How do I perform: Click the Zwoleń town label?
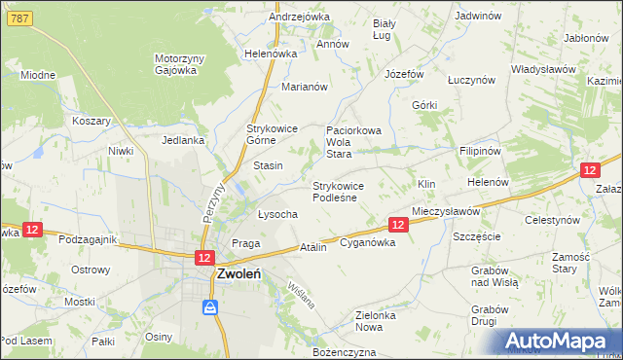238,274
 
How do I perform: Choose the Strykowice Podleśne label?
338,192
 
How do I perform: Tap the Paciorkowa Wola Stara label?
352,141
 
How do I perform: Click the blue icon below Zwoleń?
209,307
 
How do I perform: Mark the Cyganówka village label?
367,243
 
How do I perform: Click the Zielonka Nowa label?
381,322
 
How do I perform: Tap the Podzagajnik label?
88,239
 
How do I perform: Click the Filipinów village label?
480,152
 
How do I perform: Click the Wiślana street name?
302,295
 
